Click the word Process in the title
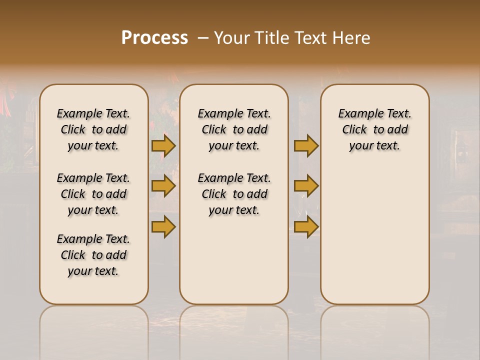tap(154, 37)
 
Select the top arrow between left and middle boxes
tap(163, 145)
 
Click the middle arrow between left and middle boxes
tap(163, 186)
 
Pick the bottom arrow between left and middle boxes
tap(163, 226)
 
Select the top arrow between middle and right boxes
tap(306, 145)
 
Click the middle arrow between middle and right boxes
tap(306, 186)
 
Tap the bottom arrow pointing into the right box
tap(306, 226)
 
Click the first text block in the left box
tap(93, 129)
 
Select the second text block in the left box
tap(93, 194)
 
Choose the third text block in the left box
tap(93, 255)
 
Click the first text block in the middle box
tap(234, 129)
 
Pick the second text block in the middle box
tap(234, 194)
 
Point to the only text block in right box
tap(374, 129)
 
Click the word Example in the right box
tap(356, 113)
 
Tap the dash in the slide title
tap(202, 38)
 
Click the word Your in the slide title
tap(231, 37)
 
